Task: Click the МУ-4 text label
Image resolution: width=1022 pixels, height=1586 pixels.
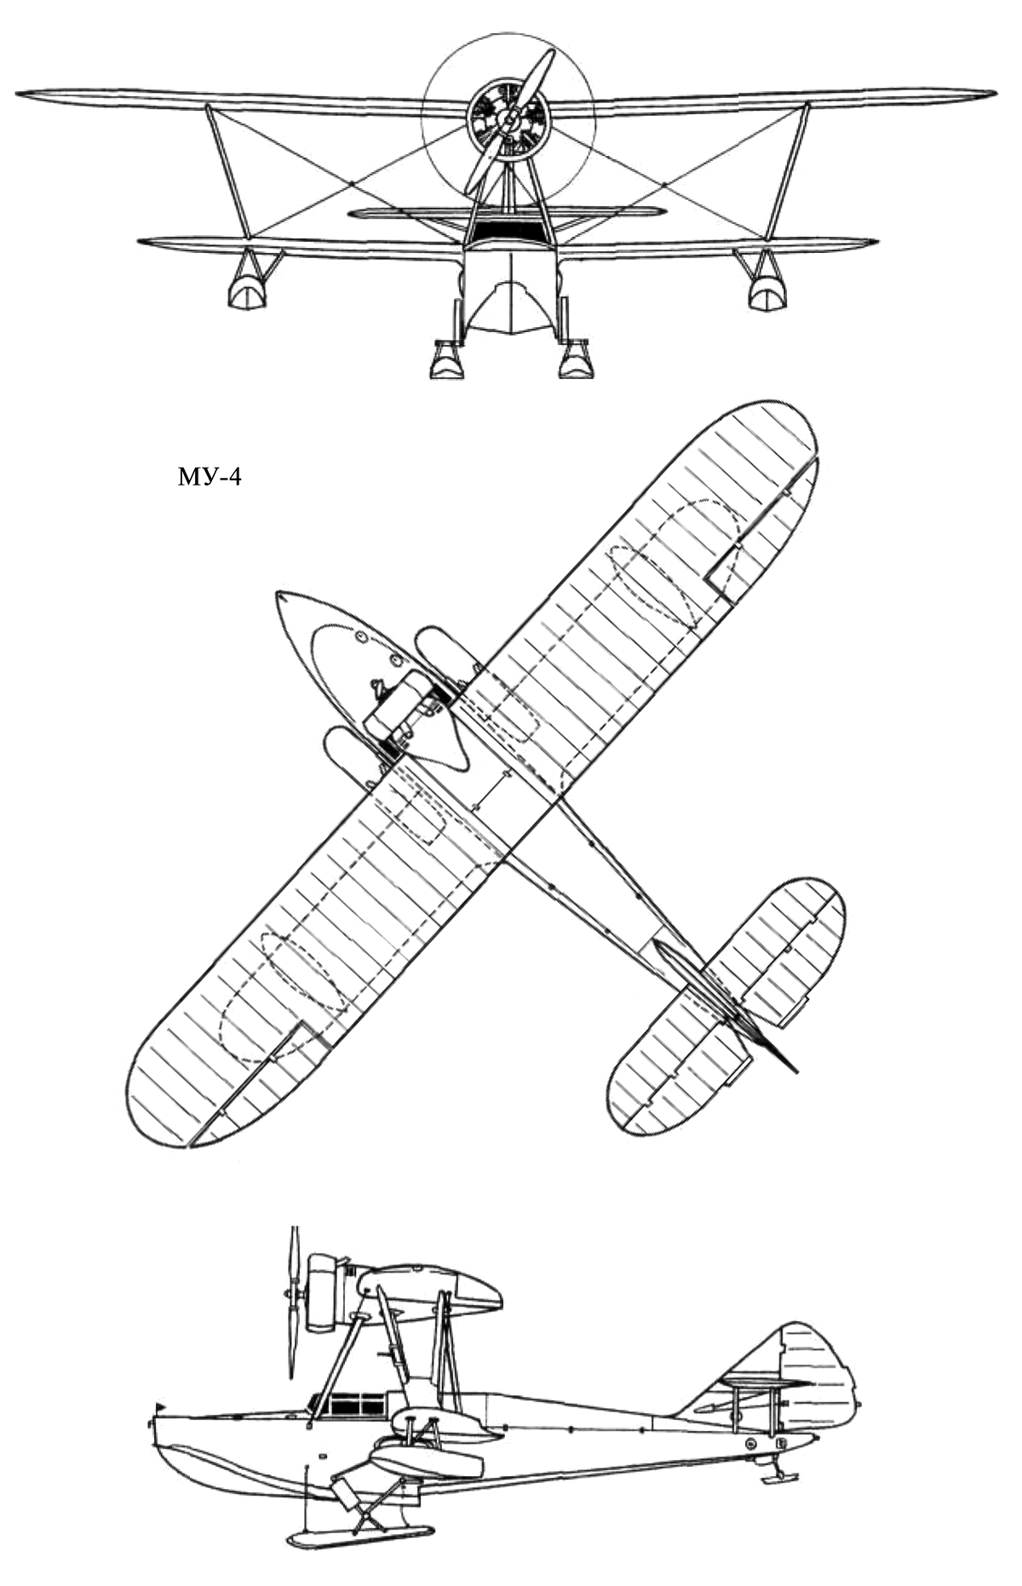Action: [x=210, y=477]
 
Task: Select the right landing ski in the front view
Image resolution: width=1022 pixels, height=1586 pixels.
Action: [x=575, y=361]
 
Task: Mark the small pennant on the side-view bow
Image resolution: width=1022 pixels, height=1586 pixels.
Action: [x=159, y=1405]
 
